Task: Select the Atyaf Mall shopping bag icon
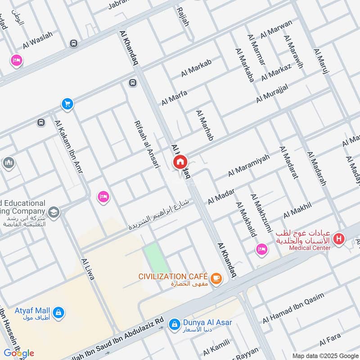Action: point(58,312)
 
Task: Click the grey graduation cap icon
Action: point(54,212)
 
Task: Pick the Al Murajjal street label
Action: point(278,92)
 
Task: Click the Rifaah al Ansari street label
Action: point(147,144)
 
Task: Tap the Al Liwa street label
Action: point(88,269)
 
